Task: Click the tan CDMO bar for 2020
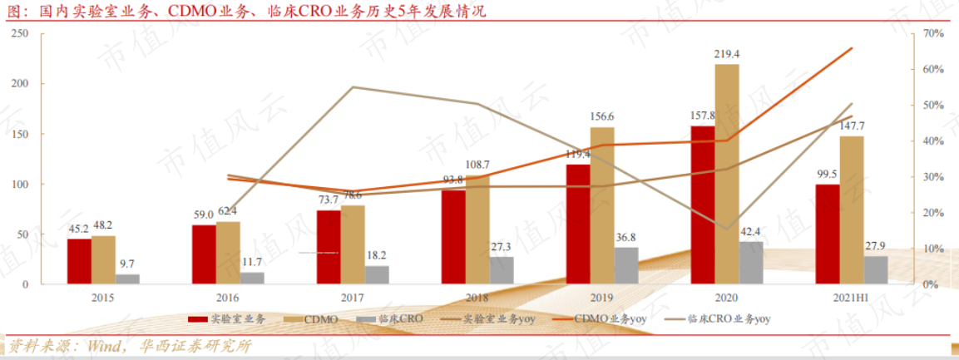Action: click(x=727, y=175)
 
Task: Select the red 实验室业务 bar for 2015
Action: click(x=79, y=262)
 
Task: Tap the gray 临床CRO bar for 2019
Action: click(x=625, y=266)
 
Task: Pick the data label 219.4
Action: click(x=727, y=54)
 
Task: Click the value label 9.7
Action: click(x=127, y=264)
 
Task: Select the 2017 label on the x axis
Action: click(x=353, y=298)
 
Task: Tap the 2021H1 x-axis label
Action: click(x=852, y=298)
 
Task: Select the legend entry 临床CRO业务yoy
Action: click(x=716, y=319)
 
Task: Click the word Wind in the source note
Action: click(x=106, y=347)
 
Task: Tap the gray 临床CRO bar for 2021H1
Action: click(x=875, y=271)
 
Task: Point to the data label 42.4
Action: click(x=750, y=232)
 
